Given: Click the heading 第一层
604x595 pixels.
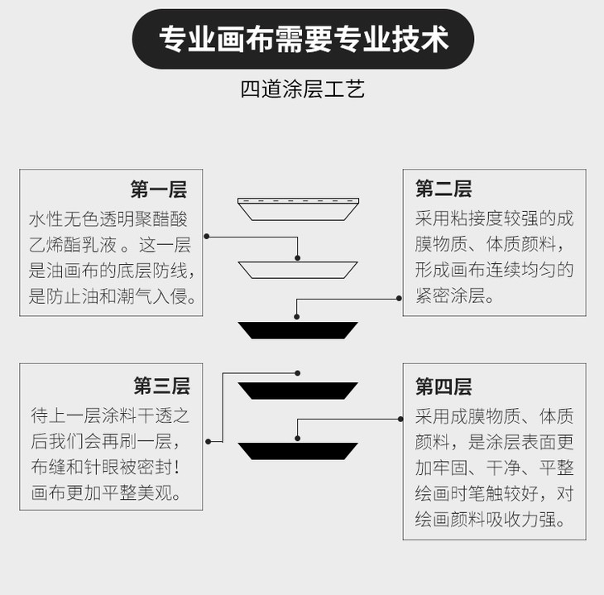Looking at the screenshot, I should (158, 190).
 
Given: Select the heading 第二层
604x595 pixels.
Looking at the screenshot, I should (443, 190).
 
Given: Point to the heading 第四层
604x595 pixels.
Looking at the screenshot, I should (443, 386).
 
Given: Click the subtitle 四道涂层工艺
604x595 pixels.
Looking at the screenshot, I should (302, 89).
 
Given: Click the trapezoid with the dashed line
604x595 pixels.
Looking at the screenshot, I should (298, 209).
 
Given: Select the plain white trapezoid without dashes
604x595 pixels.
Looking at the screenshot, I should (298, 269).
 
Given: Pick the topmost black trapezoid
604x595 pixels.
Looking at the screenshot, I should (298, 330).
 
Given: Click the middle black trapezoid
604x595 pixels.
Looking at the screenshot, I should (298, 390).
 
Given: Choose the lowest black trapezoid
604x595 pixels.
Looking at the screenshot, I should (298, 451).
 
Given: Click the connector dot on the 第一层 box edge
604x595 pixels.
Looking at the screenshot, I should (206, 237).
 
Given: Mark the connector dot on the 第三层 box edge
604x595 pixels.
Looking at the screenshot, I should (205, 441).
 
